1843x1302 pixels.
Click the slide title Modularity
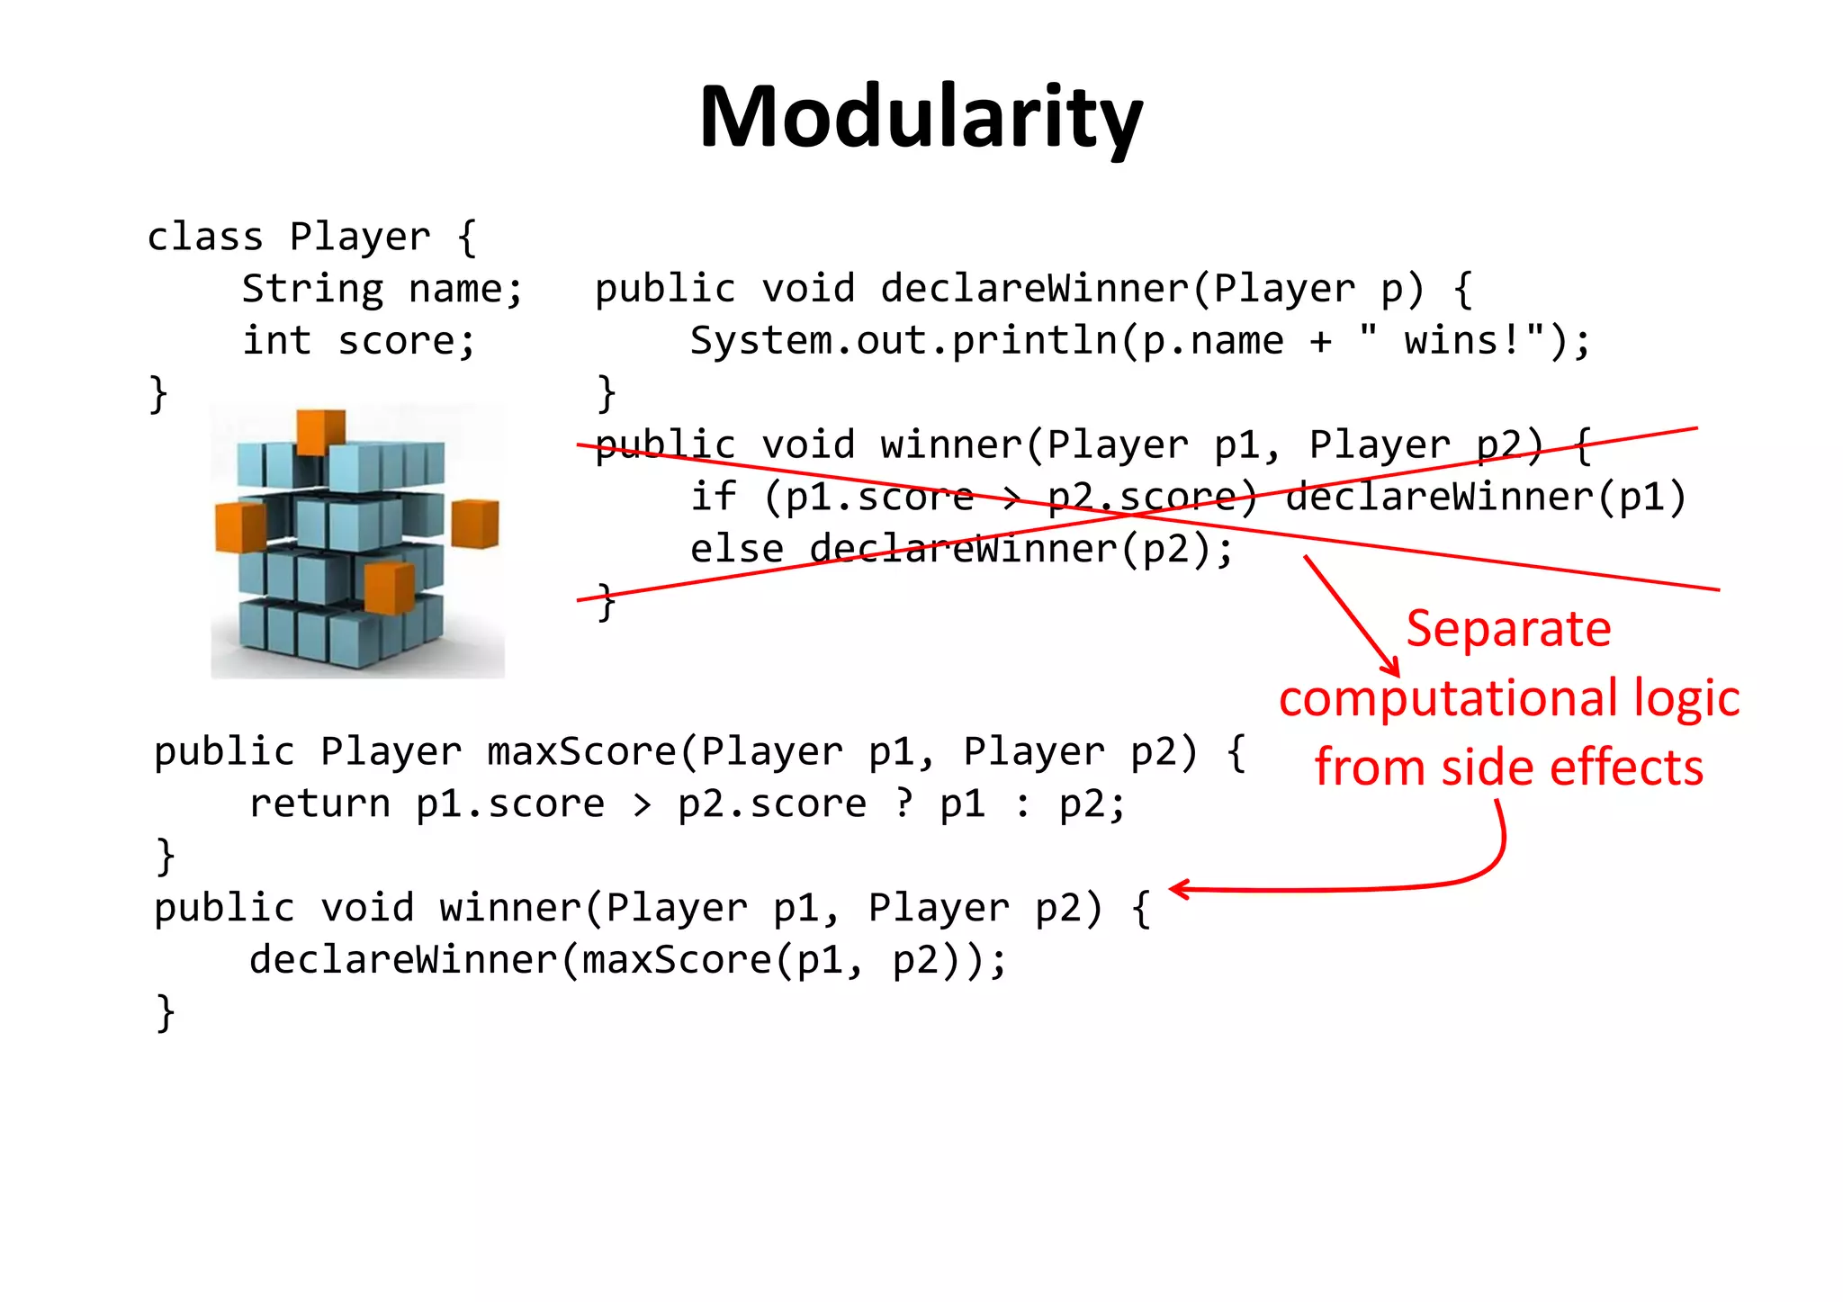[921, 117]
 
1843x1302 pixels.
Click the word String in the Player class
[312, 290]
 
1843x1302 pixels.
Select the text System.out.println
[904, 341]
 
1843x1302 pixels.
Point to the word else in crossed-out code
[736, 549]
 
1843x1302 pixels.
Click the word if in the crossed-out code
[713, 497]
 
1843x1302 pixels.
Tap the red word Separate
[1508, 628]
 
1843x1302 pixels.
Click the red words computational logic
[1509, 698]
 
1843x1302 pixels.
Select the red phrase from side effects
[1508, 768]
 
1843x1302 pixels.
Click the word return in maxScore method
[319, 804]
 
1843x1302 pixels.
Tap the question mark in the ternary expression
[903, 803]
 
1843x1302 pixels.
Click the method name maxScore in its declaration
[581, 751]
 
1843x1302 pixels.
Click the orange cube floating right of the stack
[474, 524]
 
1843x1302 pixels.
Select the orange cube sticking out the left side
[239, 526]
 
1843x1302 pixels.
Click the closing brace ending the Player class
[158, 394]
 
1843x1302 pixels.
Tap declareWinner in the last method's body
[402, 960]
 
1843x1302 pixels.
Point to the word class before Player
[205, 238]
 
